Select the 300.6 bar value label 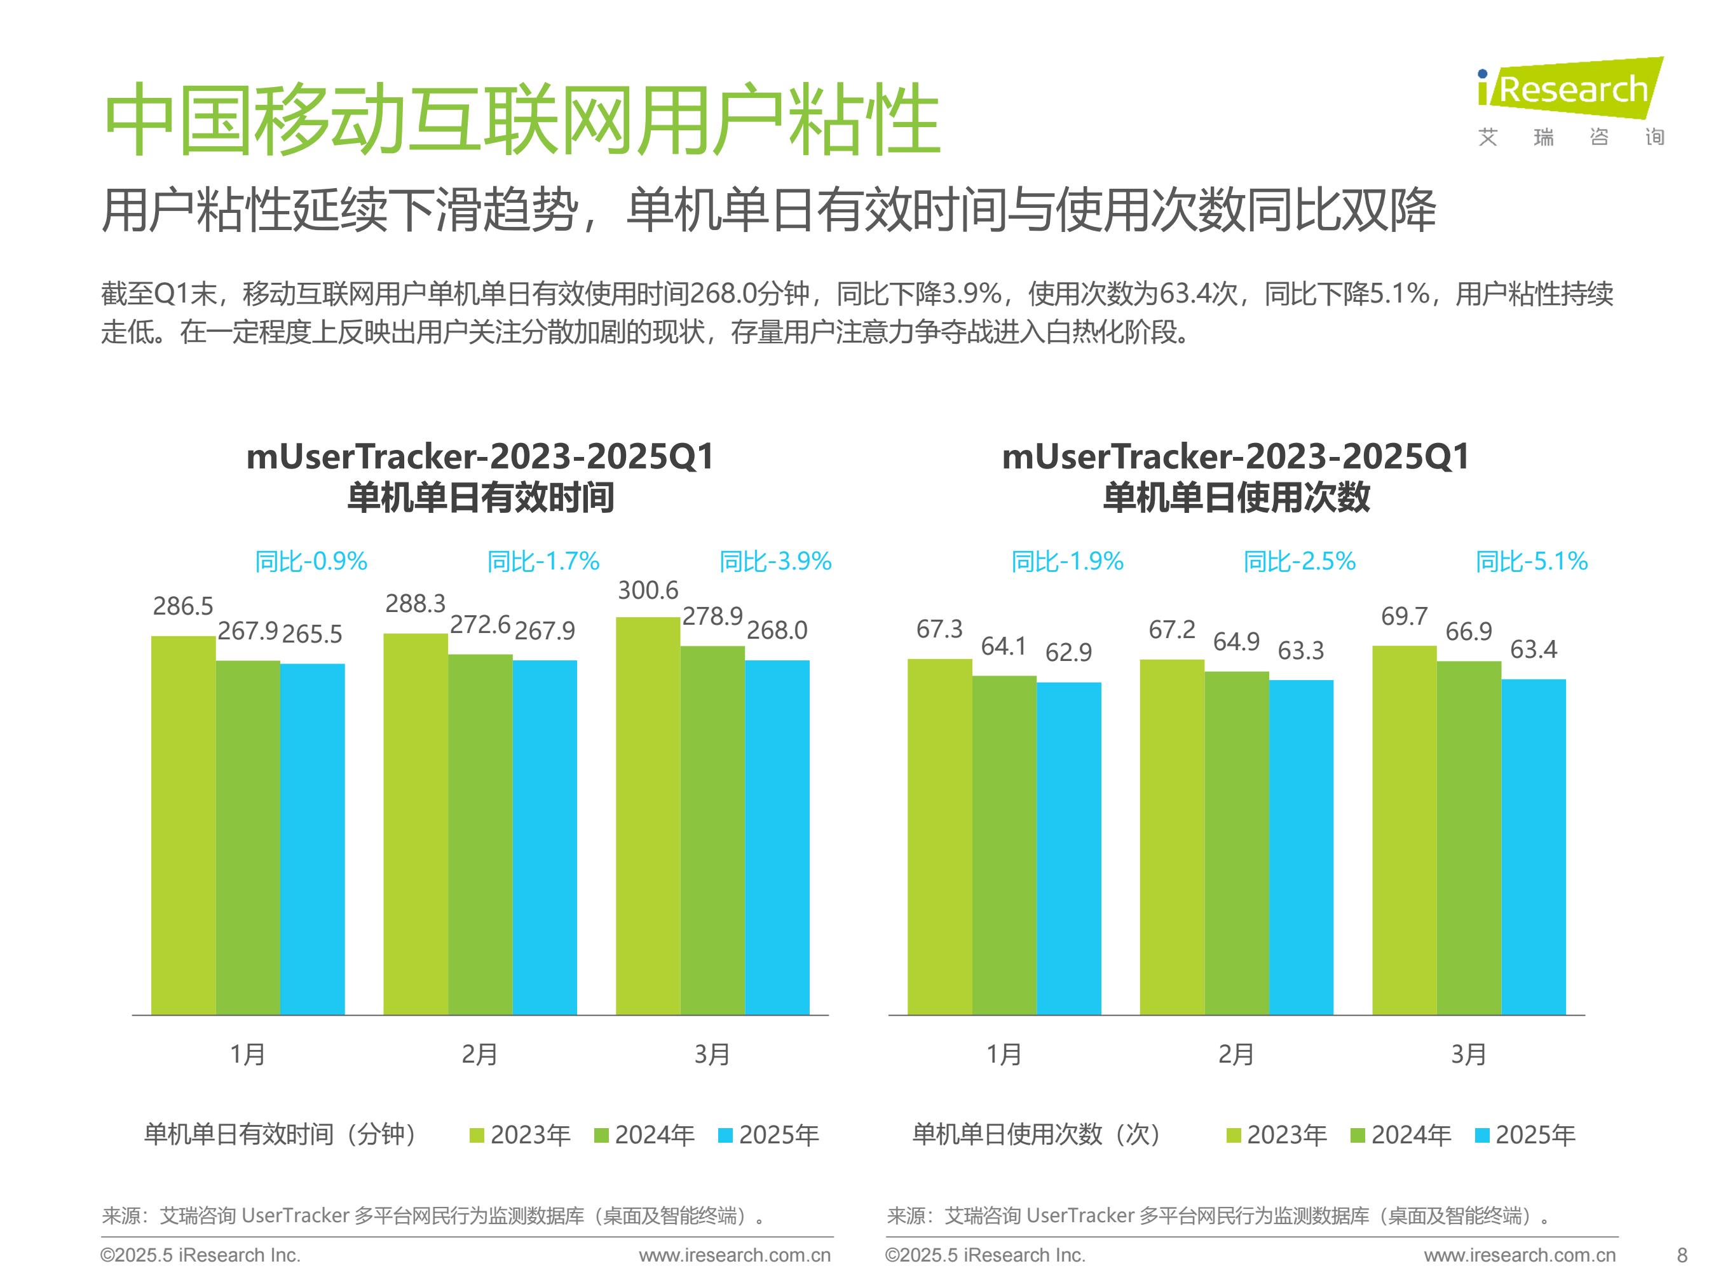point(648,590)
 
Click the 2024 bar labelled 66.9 point(1469,837)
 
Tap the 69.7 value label point(1404,616)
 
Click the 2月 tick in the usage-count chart point(1236,1054)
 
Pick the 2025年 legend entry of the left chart point(769,1135)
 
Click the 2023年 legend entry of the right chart point(1277,1135)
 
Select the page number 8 point(1682,1255)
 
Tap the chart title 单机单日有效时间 point(480,497)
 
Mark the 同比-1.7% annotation point(543,561)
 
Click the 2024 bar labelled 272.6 point(480,834)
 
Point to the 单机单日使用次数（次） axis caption point(1037,1134)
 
